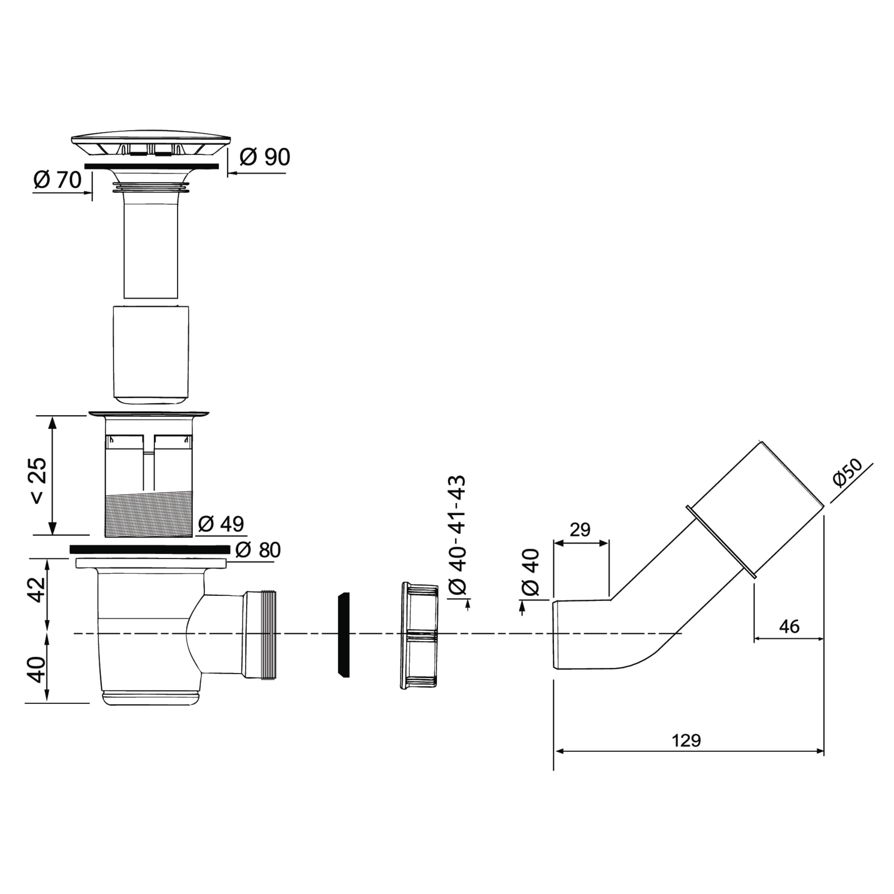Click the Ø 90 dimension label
(x=265, y=157)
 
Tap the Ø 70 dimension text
(x=58, y=179)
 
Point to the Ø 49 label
(x=221, y=524)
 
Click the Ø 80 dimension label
(x=258, y=550)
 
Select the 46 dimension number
(x=789, y=626)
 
